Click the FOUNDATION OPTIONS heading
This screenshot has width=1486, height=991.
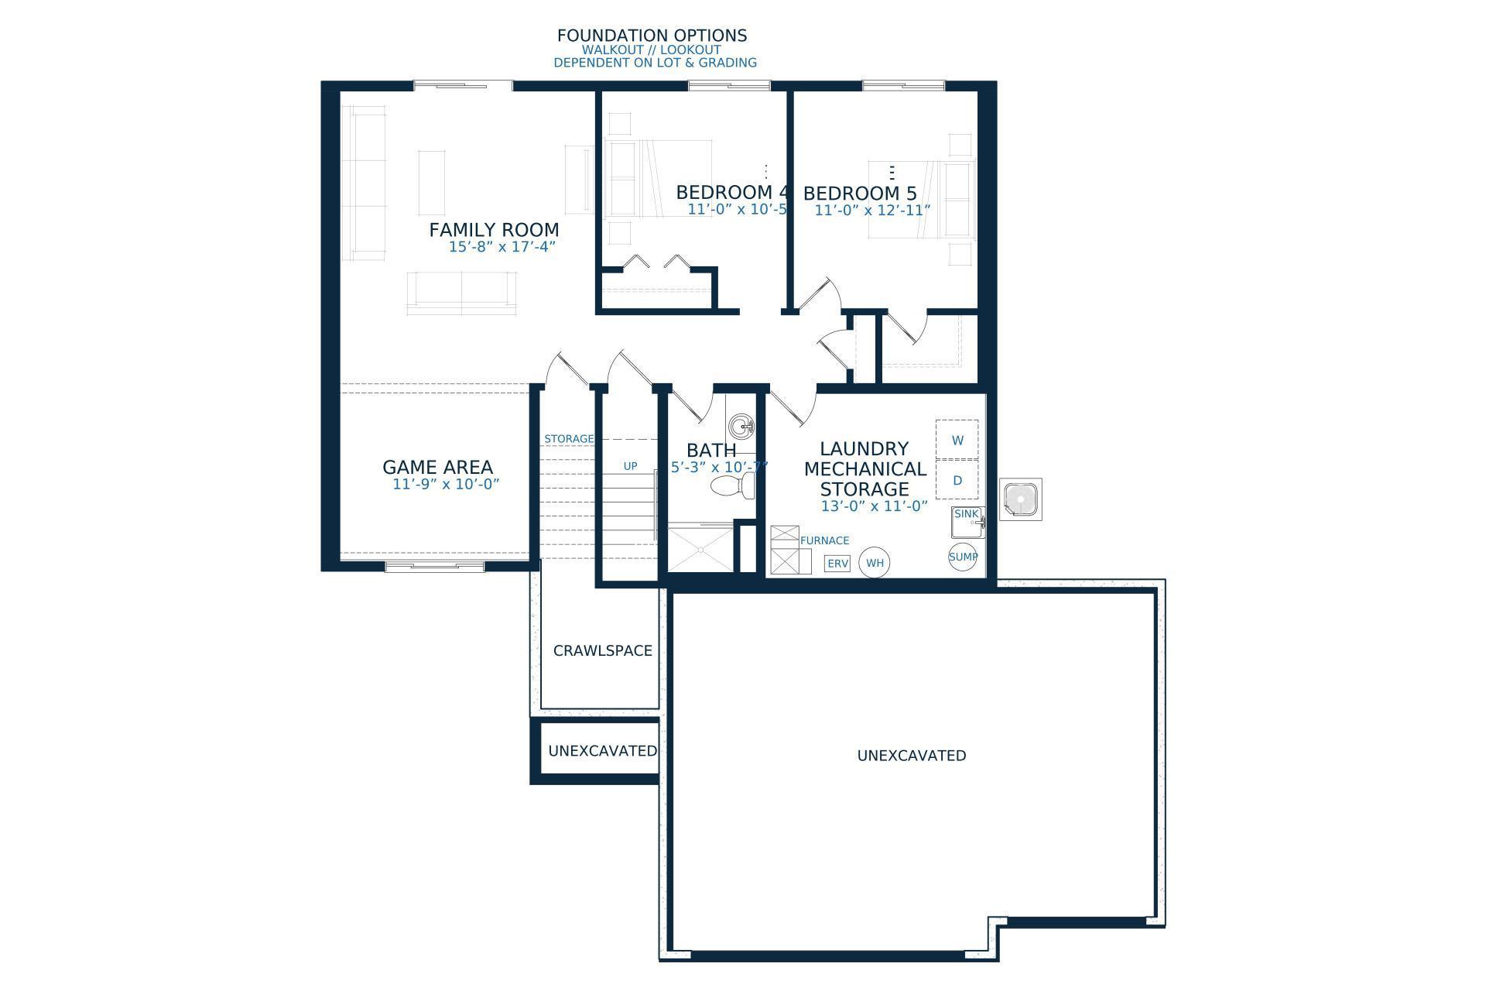pos(652,36)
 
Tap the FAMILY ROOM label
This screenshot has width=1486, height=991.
pos(494,230)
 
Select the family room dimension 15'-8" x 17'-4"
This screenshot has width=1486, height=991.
pos(502,247)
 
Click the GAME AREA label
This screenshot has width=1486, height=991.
pos(437,467)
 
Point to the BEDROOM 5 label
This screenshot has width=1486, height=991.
pos(860,194)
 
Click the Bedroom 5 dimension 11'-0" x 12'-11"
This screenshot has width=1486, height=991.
pos(872,210)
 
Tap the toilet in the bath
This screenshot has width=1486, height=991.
pos(732,486)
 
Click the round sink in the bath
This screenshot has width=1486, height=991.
pos(741,426)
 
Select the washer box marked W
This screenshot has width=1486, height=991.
pos(957,440)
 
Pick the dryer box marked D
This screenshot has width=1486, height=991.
pos(957,480)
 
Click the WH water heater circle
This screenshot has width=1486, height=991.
pos(875,563)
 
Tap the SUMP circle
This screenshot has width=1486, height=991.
pos(963,557)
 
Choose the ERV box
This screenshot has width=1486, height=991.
pos(837,564)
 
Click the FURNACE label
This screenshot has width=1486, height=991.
pos(824,540)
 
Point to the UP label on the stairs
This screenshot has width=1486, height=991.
pos(630,466)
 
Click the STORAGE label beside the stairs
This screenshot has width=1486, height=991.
pos(569,439)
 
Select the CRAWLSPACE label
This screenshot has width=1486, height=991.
pos(602,651)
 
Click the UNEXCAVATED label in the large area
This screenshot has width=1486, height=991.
pos(911,756)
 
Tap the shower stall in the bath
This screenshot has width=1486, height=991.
pos(700,549)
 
